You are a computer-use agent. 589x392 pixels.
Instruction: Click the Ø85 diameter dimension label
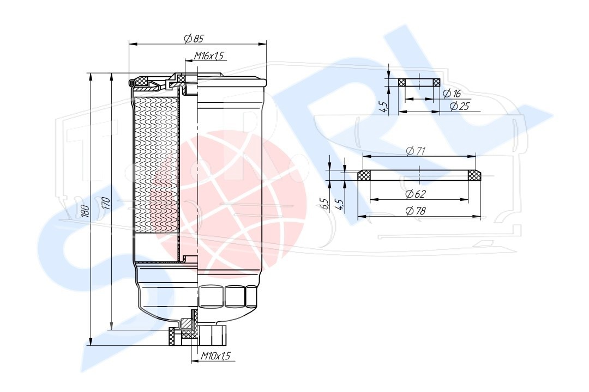194,38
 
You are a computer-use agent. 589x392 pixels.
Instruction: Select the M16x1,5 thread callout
208,56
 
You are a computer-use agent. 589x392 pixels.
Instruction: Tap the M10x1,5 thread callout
215,356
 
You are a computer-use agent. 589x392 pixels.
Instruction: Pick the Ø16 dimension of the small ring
452,94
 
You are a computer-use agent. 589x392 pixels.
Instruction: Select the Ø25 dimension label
460,106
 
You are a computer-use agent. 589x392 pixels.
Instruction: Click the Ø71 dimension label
416,151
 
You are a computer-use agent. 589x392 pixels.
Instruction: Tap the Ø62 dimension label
416,194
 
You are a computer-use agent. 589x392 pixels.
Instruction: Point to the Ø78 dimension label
416,211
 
